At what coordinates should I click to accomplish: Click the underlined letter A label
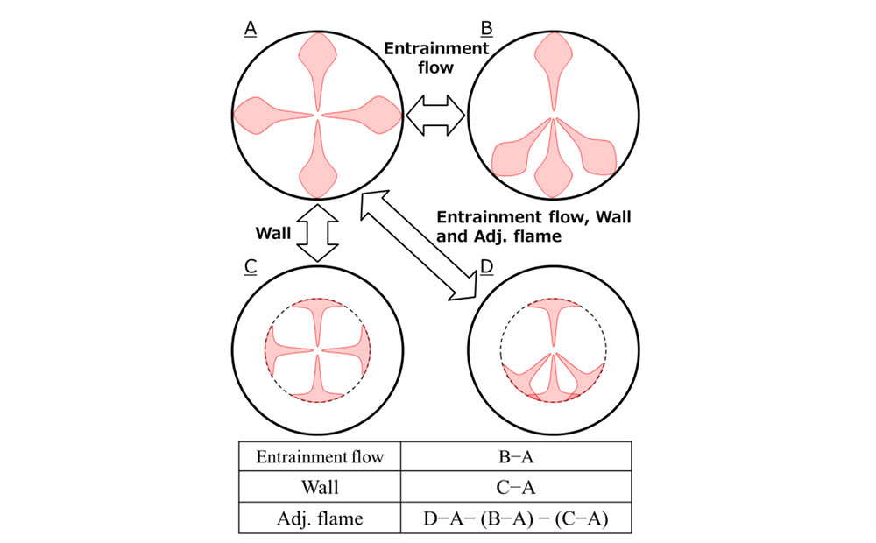click(250, 29)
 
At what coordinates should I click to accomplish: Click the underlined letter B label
click(486, 29)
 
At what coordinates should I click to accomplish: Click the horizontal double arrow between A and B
click(435, 116)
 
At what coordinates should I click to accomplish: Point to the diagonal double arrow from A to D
click(418, 244)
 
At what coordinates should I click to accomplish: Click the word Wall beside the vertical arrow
click(273, 234)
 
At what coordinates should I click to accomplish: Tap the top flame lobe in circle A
click(317, 57)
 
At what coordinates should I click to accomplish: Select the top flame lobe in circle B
click(553, 57)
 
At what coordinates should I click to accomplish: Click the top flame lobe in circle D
click(553, 315)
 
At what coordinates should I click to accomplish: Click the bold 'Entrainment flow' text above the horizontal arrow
click(436, 57)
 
